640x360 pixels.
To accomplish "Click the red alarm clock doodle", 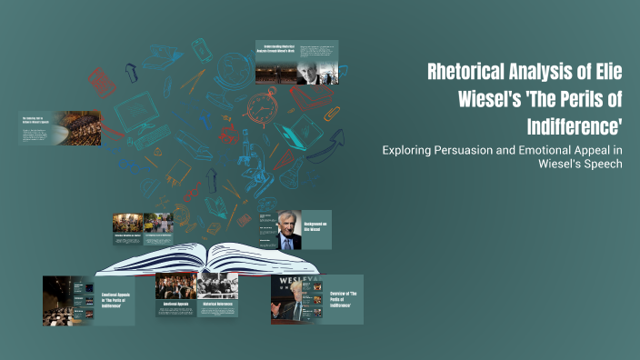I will [262, 106].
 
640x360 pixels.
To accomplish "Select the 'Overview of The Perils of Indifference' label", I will [343, 299].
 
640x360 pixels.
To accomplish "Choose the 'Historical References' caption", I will [218, 304].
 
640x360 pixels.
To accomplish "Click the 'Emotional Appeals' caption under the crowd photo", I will [176, 304].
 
